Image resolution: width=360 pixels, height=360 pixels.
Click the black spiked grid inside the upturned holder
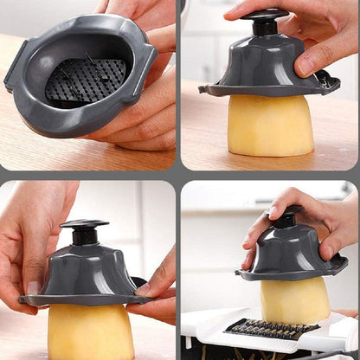85,81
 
